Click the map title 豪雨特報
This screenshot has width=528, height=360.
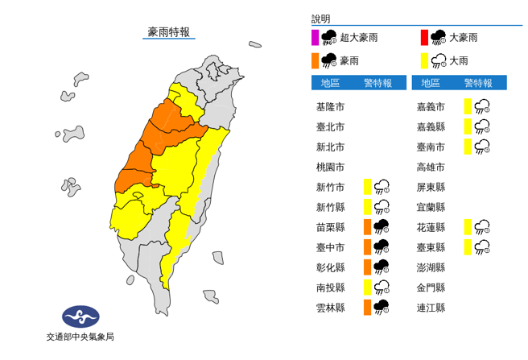[169, 32]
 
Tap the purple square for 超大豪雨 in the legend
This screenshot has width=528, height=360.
[315, 36]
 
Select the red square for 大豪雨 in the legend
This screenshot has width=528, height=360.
[423, 36]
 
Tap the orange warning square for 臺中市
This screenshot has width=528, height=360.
[367, 246]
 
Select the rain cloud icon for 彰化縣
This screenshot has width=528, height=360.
[382, 267]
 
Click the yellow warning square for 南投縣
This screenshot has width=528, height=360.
[367, 287]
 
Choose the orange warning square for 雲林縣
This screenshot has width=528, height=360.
[367, 307]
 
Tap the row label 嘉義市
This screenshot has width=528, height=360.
[431, 106]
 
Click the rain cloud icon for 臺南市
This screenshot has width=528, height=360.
[482, 147]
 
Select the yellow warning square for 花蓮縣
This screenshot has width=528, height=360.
[468, 226]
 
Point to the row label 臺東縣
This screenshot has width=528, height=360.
[431, 246]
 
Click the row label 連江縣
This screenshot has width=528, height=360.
[431, 307]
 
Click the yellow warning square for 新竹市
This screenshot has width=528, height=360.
[367, 187]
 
